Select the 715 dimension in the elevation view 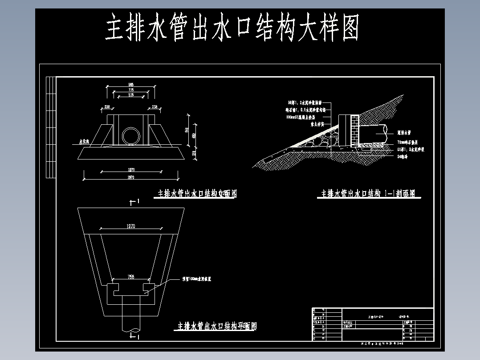[x=131, y=90]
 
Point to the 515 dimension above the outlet [x=131, y=95]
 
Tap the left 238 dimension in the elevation [x=106, y=107]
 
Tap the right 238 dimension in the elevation [x=155, y=107]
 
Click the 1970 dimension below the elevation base [x=131, y=178]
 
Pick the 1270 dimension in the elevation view [x=131, y=170]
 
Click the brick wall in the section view [x=355, y=130]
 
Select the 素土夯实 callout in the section [x=319, y=124]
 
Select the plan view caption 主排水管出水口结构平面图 [x=217, y=326]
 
